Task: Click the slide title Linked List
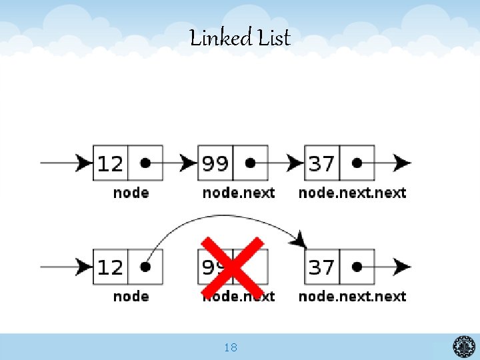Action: point(240,38)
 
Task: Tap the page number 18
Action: point(231,347)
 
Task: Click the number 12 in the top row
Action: point(110,163)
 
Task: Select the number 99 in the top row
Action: point(215,163)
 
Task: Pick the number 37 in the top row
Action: point(321,163)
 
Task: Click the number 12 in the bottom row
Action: point(110,267)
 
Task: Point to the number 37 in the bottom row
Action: point(321,267)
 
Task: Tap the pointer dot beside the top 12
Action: point(145,163)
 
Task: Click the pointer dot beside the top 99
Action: point(251,163)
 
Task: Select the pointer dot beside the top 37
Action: point(357,163)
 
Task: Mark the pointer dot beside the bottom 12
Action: point(145,267)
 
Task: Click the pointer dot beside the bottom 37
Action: point(357,267)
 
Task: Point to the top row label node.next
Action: point(239,193)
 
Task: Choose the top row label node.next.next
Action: point(352,193)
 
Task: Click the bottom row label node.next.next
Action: point(352,296)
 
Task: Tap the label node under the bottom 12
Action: point(131,296)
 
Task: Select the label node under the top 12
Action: point(131,193)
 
